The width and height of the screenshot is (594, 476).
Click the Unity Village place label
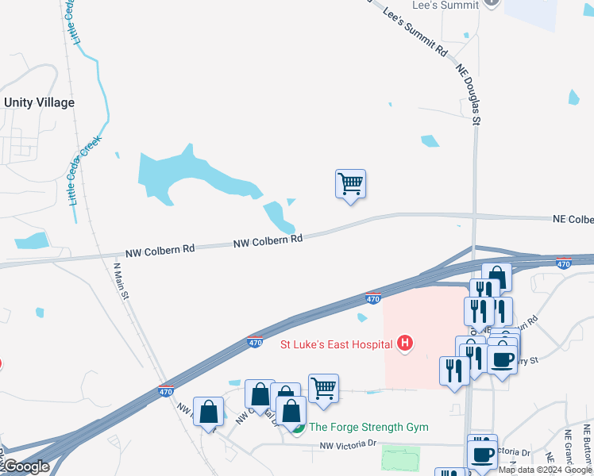click(39, 102)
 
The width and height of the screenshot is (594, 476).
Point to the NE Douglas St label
click(469, 94)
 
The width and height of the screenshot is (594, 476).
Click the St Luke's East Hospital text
click(337, 344)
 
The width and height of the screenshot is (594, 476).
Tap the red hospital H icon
click(405, 344)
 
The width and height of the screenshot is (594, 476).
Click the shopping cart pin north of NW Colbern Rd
click(350, 185)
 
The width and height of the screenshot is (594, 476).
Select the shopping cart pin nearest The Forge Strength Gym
click(323, 389)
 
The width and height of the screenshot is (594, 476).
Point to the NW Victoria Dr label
click(347, 445)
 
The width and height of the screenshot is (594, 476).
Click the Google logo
click(25, 466)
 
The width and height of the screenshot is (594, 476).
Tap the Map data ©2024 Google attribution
click(546, 470)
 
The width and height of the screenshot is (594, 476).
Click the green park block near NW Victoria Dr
click(400, 458)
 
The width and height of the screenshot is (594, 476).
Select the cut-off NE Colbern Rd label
click(573, 219)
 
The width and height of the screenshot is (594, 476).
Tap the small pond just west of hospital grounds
click(362, 318)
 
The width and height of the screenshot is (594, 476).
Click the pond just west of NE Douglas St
click(430, 141)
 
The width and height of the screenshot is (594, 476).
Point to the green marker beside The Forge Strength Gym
click(298, 428)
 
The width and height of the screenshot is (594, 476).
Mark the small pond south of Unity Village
click(31, 240)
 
